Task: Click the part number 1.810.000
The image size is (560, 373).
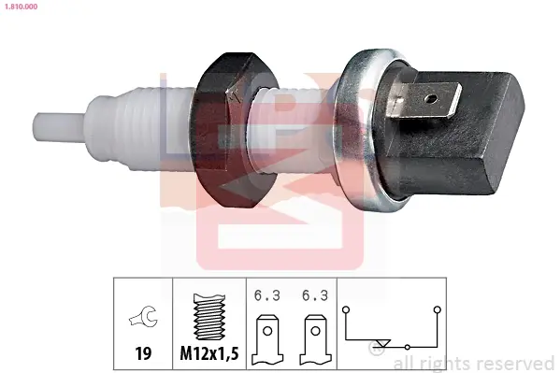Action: tap(21, 7)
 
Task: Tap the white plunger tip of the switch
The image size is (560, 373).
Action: tap(59, 127)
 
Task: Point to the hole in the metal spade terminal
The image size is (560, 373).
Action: tap(432, 98)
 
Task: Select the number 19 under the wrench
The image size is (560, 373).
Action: tap(143, 353)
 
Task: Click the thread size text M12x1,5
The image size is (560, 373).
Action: tap(209, 353)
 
